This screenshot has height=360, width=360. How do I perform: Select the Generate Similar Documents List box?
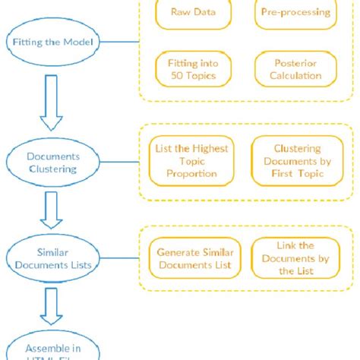tap(194, 259)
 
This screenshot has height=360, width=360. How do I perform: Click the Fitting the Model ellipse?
tap(53, 42)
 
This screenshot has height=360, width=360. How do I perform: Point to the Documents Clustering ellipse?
tap(53, 161)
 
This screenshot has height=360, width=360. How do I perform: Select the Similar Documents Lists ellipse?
tap(53, 257)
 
